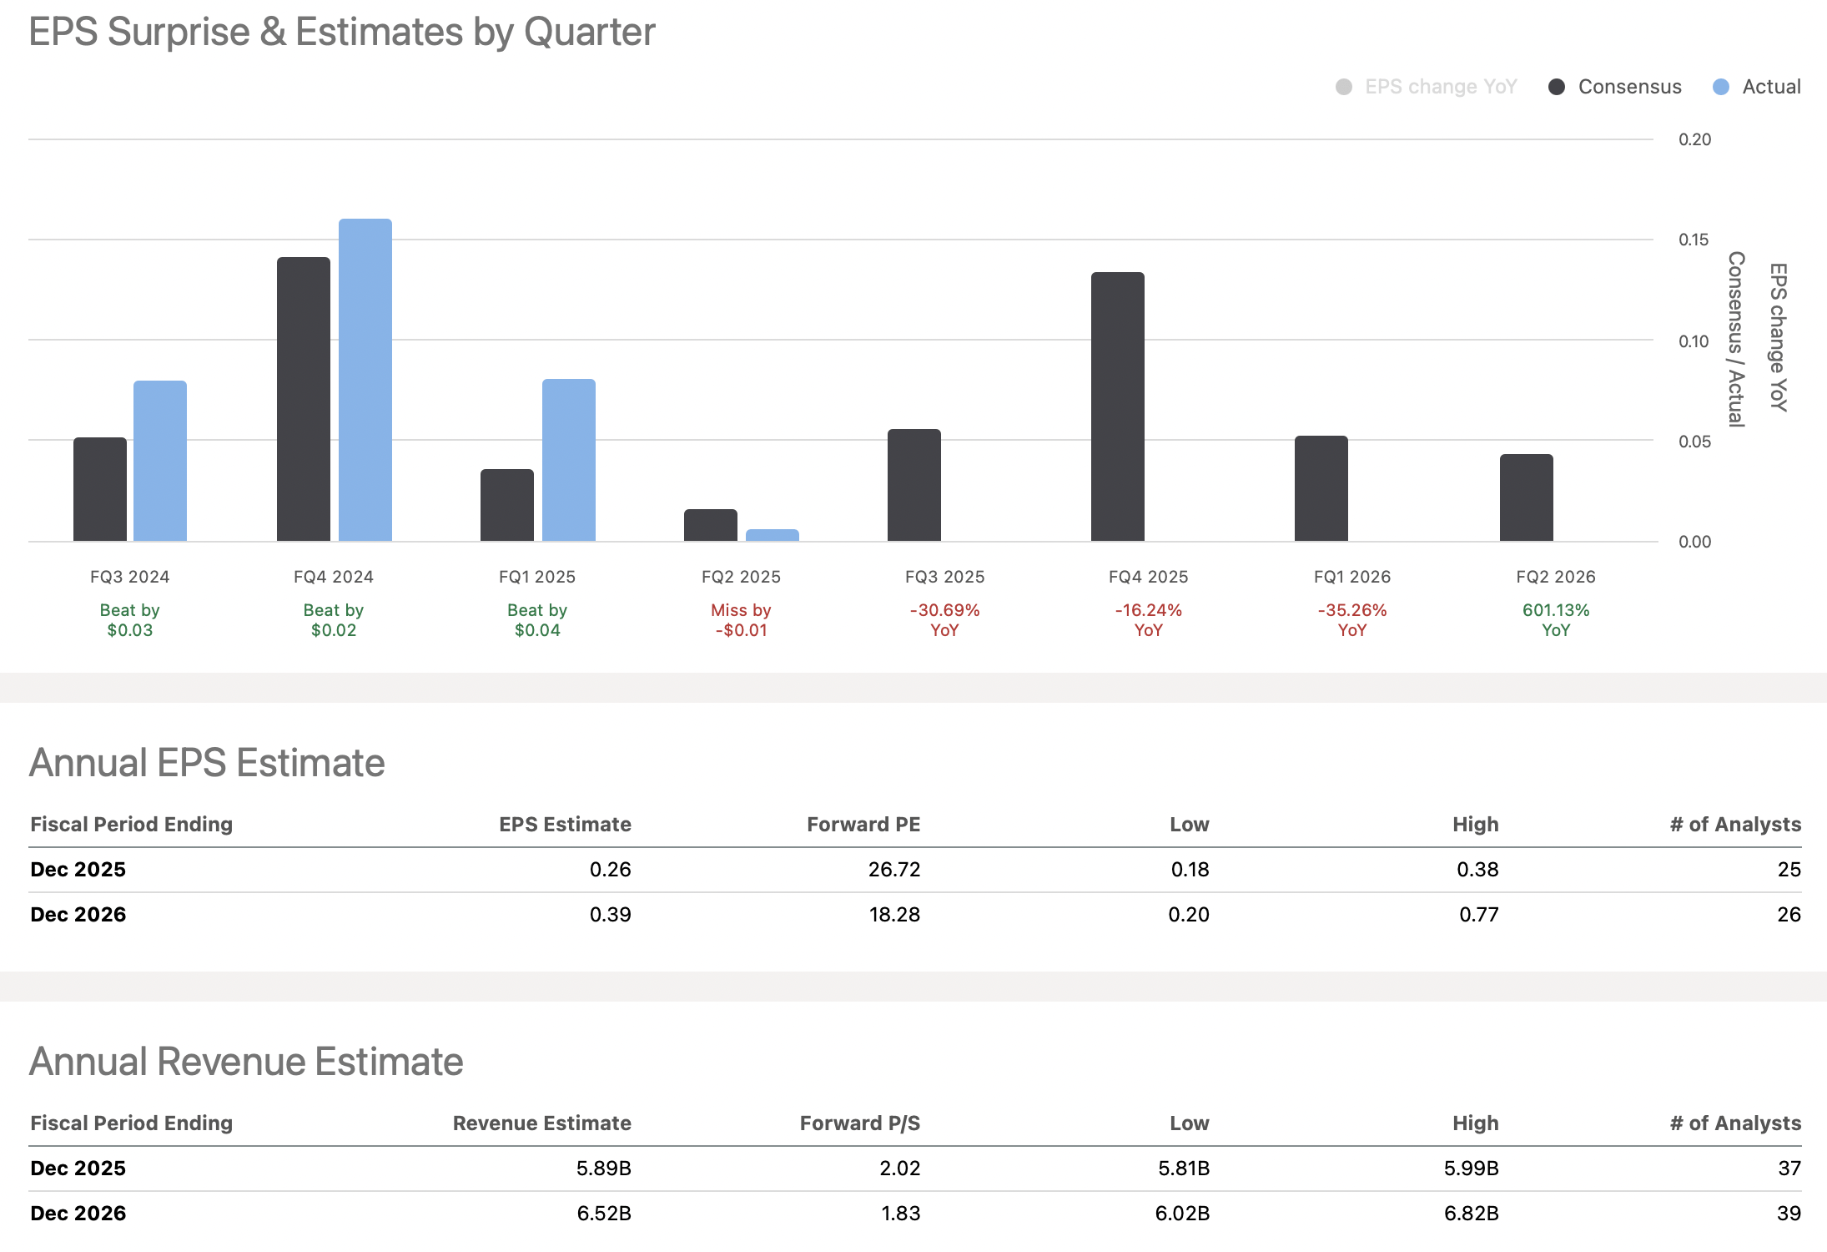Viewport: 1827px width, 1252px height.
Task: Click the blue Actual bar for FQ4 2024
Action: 365,381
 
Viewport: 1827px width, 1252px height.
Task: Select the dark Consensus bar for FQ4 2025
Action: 1117,407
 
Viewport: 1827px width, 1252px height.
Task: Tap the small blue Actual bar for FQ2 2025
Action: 772,535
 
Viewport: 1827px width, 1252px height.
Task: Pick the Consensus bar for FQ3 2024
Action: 100,489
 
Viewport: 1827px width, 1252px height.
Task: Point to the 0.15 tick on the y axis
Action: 1694,240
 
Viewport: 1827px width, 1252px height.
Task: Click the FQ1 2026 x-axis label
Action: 1351,577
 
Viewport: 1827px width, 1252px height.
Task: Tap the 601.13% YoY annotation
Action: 1555,620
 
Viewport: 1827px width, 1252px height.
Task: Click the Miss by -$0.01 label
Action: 741,620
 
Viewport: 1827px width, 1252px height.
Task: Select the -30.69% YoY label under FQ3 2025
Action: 944,620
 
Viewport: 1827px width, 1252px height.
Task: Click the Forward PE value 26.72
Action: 893,870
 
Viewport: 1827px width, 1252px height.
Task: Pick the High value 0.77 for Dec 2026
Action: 1478,915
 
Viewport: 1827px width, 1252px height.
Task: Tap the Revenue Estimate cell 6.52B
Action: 603,1214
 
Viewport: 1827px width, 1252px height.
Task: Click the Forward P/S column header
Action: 859,1123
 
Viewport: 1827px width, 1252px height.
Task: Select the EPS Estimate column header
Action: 565,825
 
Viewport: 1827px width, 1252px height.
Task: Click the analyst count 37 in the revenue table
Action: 1789,1169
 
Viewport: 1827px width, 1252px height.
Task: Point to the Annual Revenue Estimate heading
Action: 246,1062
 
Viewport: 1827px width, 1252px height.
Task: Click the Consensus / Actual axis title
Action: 1736,339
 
